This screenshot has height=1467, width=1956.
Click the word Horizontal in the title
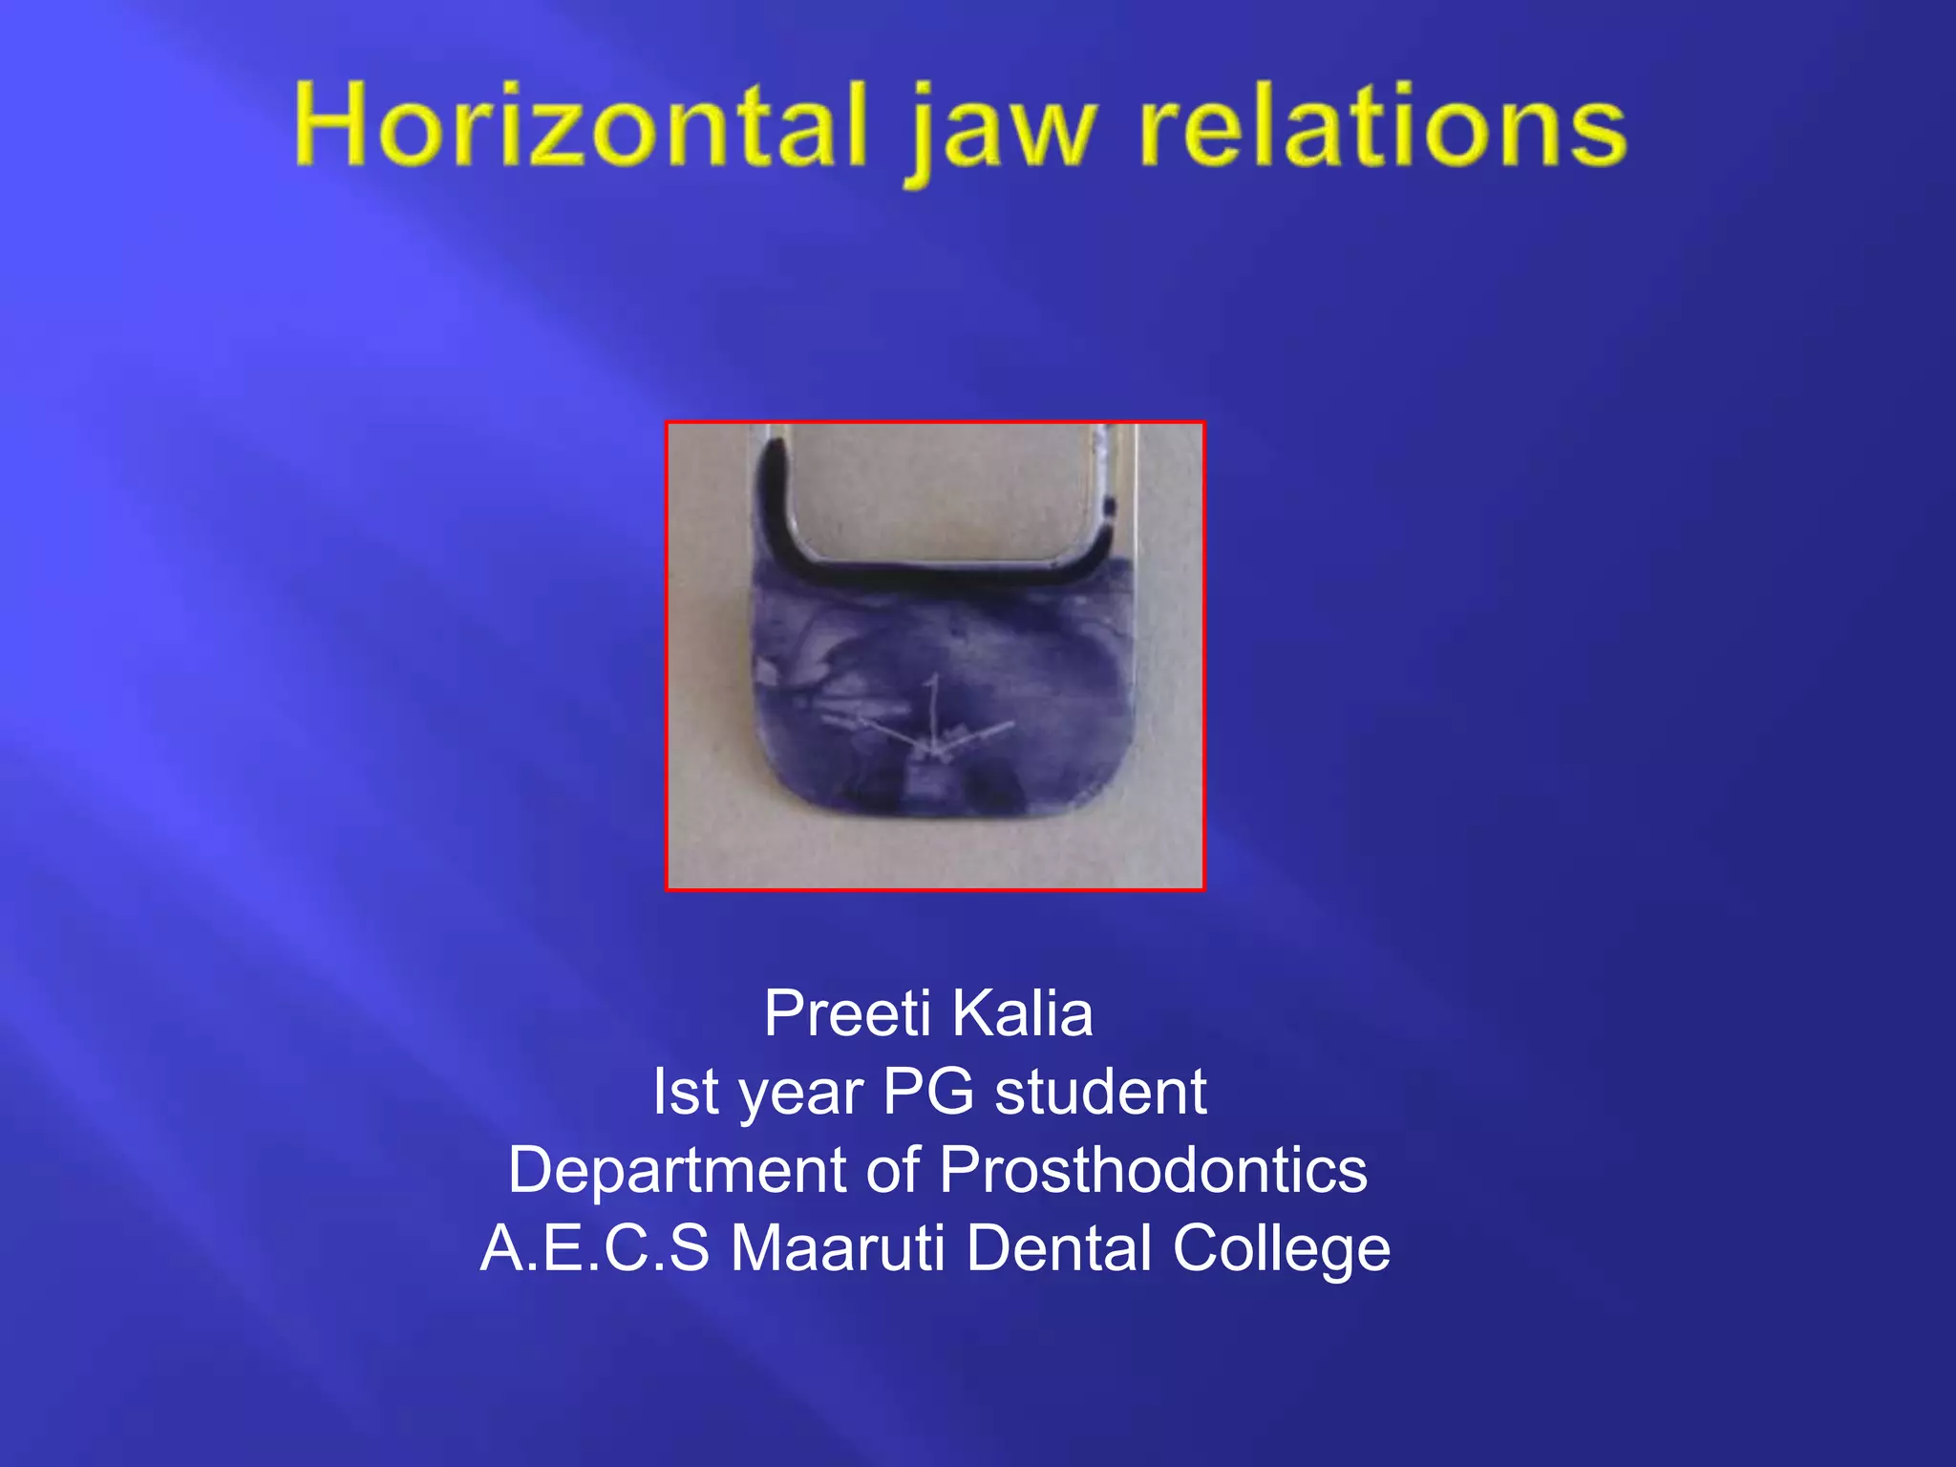(x=580, y=127)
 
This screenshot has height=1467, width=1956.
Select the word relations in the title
(x=1383, y=127)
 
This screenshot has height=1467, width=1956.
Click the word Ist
(x=685, y=1092)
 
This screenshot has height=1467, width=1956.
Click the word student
(x=1100, y=1092)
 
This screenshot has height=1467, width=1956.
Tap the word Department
(x=676, y=1171)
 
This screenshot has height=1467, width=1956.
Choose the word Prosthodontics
(x=1153, y=1170)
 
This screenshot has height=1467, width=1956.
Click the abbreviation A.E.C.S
(x=594, y=1248)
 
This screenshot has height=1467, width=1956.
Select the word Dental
(x=1059, y=1248)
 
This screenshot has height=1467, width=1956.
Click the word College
(x=1281, y=1250)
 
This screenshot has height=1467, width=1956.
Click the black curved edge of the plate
(x=936, y=574)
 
